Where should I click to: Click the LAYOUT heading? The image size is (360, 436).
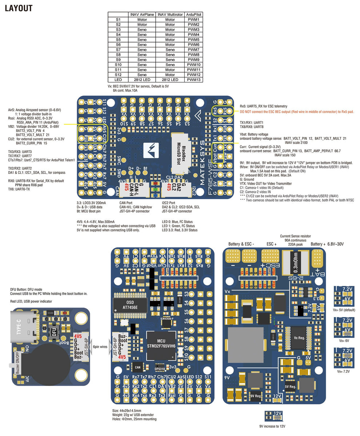click(x=19, y=8)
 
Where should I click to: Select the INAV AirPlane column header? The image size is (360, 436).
click(x=142, y=14)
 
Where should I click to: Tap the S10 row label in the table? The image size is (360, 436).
click(x=118, y=64)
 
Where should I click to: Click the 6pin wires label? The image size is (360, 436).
click(x=100, y=347)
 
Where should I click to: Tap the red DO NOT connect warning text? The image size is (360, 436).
click(x=296, y=112)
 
